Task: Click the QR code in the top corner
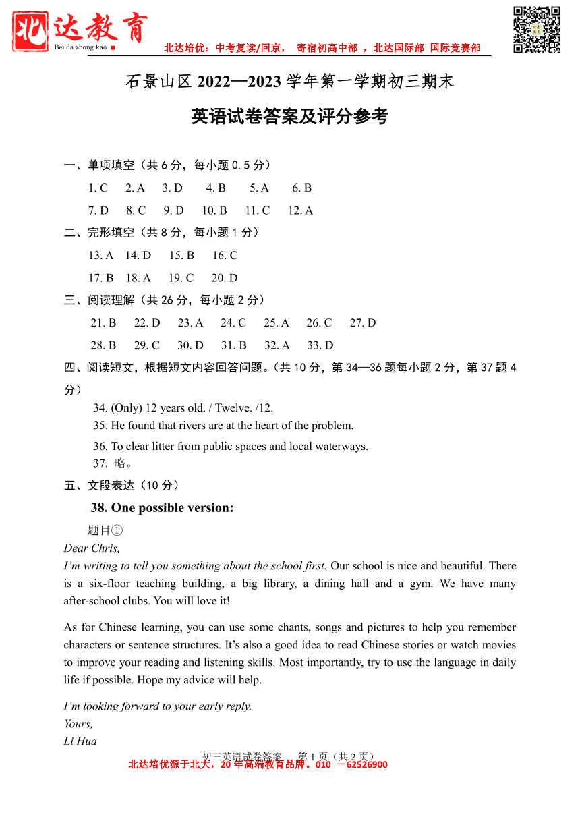coord(537,30)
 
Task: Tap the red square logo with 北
coord(30,31)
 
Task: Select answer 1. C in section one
coord(98,188)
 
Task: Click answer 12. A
coord(300,210)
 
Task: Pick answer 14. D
coord(138,256)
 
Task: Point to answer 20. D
coord(225,278)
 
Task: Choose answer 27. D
coord(363,323)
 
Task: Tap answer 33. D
coord(320,345)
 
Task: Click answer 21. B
coord(103,323)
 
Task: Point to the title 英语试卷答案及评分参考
coord(290,117)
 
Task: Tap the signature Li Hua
coord(80,741)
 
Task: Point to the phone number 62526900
coord(366,765)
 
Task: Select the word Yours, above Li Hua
coord(78,724)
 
